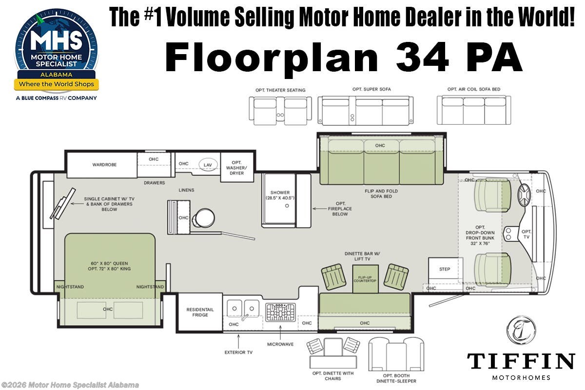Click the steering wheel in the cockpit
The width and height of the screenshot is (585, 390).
[524, 195]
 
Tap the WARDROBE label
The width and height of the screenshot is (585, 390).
[104, 165]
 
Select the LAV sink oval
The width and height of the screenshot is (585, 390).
[208, 165]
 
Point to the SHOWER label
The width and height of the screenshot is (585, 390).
[280, 192]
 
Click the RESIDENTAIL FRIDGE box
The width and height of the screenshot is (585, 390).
[200, 312]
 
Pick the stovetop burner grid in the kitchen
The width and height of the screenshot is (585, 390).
[280, 312]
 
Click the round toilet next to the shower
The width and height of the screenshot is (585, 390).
[204, 218]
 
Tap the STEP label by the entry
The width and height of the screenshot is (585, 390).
[445, 269]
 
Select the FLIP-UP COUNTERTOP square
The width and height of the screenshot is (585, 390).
[365, 279]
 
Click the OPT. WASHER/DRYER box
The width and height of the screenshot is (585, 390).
[237, 167]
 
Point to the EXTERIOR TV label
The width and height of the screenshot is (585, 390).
[238, 352]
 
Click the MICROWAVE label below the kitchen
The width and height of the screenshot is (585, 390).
[280, 344]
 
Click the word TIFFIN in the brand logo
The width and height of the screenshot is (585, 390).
[521, 361]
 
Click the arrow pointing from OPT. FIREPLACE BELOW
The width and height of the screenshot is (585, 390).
[320, 209]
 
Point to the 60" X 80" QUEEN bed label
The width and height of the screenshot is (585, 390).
[109, 263]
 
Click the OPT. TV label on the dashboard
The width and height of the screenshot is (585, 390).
[526, 234]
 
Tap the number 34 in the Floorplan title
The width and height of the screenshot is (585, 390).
[422, 57]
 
